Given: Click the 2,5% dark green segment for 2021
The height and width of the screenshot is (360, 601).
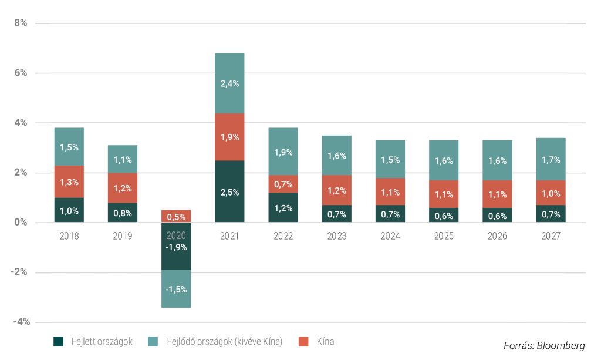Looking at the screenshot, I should [x=229, y=191].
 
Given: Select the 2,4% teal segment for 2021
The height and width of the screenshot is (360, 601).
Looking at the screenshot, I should [x=229, y=83].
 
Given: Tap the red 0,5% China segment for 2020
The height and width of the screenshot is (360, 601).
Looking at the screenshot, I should [x=176, y=216].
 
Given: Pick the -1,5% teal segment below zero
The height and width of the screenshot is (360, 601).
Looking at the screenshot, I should [x=176, y=289].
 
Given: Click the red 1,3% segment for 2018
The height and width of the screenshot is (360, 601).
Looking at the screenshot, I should [x=69, y=181].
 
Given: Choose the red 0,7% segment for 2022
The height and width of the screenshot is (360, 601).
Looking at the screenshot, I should [x=283, y=184].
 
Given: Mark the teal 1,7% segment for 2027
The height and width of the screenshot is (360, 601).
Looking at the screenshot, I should [x=551, y=159].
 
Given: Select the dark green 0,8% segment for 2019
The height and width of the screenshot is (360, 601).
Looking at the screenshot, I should [x=123, y=213].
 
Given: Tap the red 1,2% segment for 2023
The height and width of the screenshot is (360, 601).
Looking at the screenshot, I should [x=337, y=190].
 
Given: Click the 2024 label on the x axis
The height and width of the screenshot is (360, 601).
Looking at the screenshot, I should [x=390, y=236].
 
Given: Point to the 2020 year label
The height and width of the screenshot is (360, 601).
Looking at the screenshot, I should [x=176, y=236].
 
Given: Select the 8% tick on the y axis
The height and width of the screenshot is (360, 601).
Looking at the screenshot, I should [x=21, y=23].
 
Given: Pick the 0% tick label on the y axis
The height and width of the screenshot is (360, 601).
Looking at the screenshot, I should [x=21, y=223].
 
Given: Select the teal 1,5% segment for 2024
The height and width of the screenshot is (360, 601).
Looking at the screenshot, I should [x=390, y=160].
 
